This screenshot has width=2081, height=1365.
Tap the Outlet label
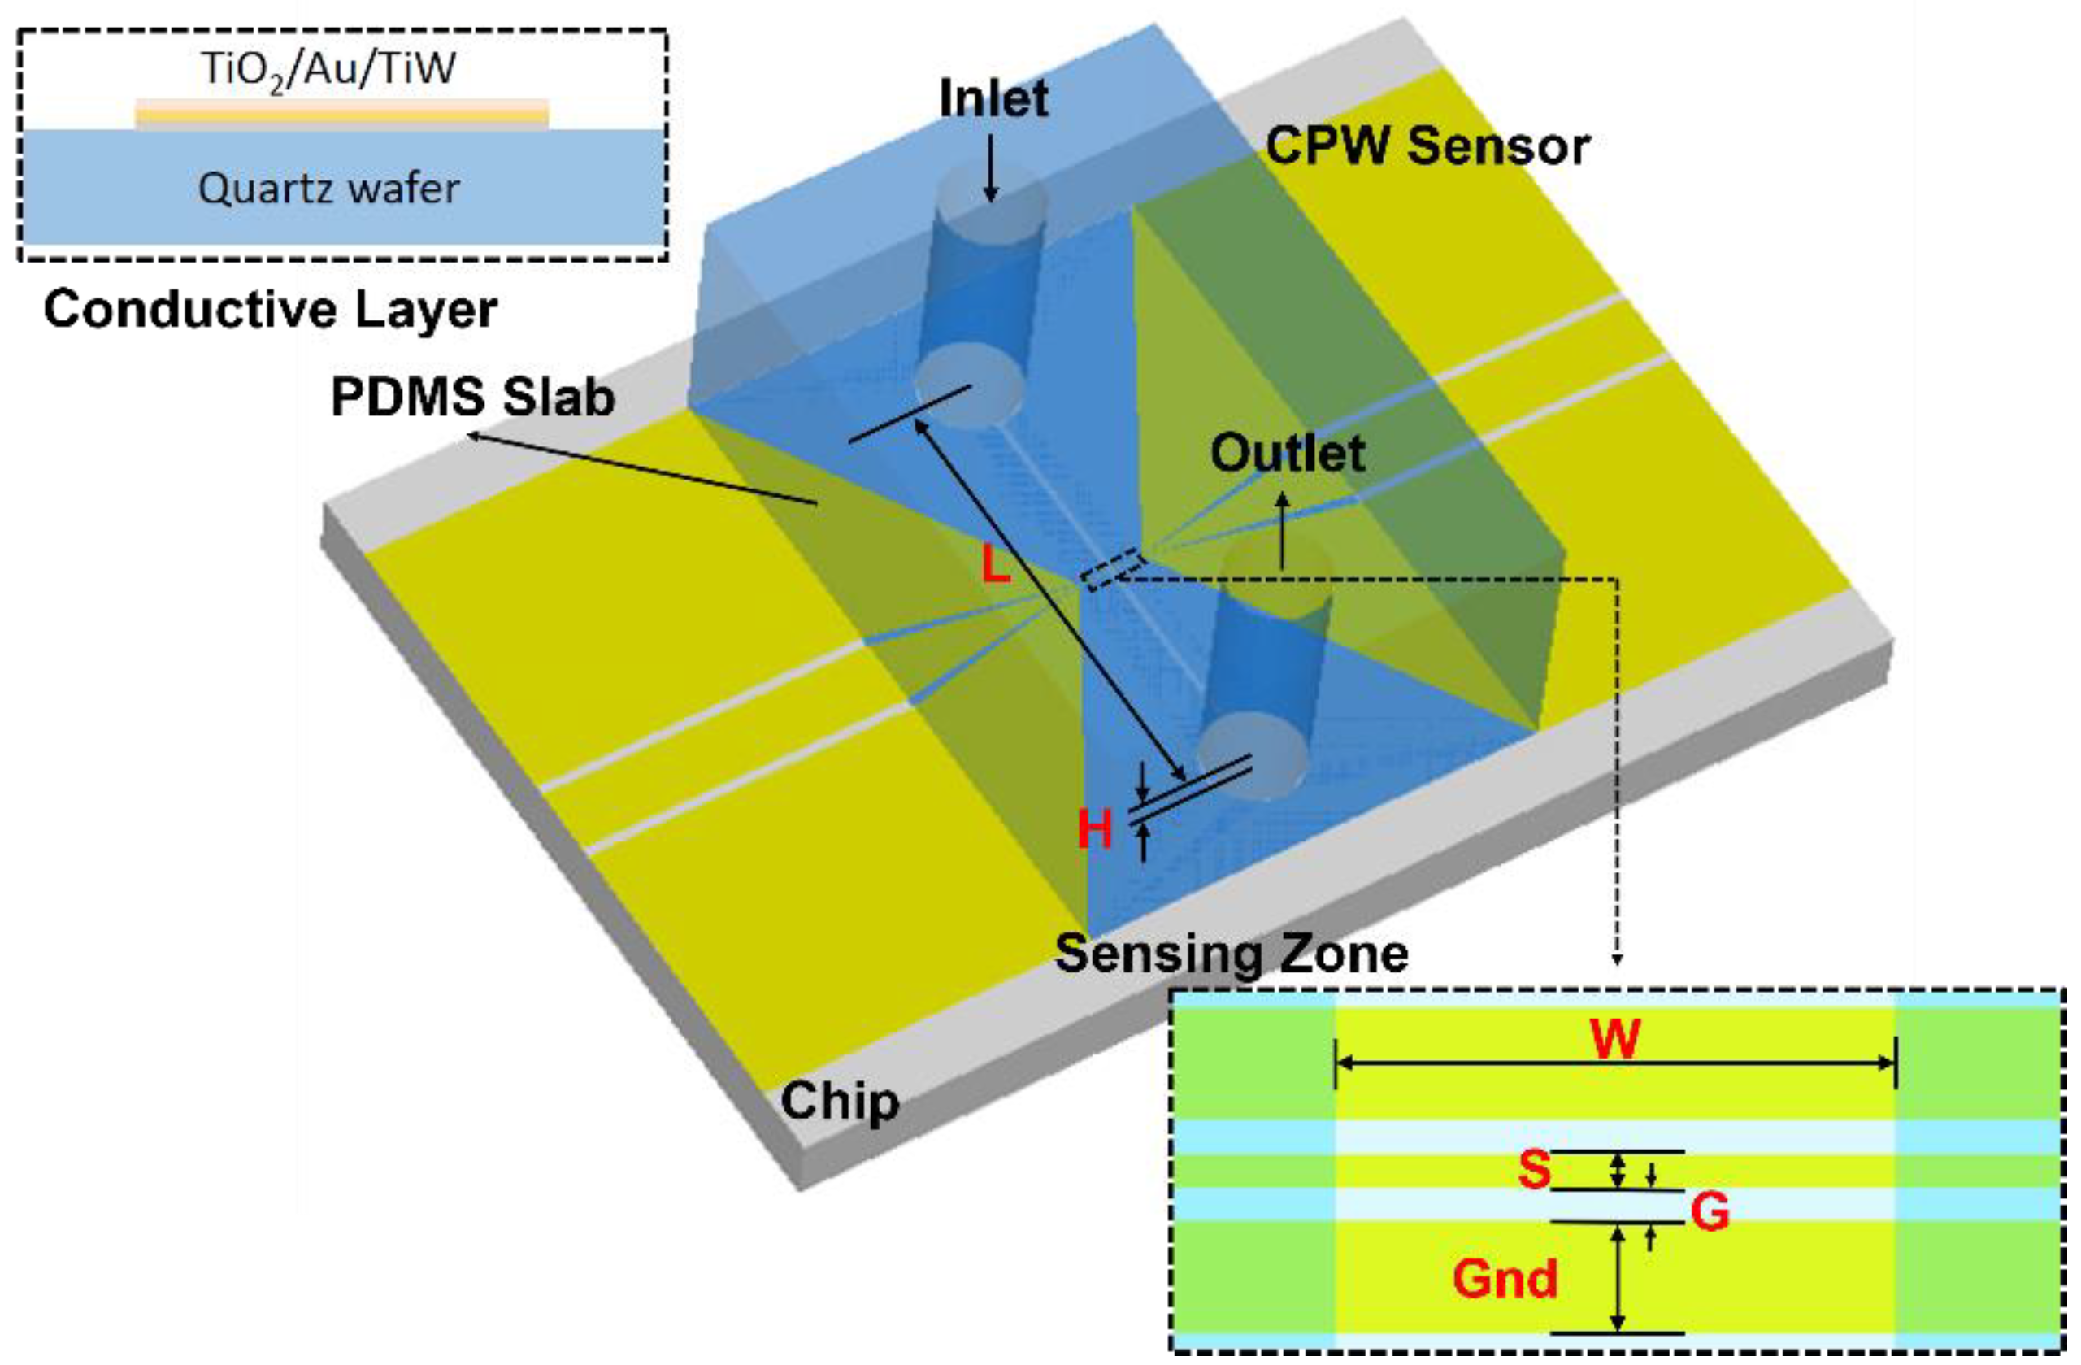[1287, 454]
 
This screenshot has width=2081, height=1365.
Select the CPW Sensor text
[1427, 146]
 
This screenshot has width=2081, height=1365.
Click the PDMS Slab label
[473, 398]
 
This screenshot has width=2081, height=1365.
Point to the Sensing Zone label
[1231, 954]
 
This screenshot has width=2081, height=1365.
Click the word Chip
[840, 1101]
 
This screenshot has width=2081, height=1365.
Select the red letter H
[1095, 829]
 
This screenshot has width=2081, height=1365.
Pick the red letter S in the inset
[1534, 1169]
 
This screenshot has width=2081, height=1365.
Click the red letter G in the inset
[1710, 1212]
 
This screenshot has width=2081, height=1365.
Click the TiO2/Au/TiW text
[328, 68]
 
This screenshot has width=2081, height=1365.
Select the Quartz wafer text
[328, 188]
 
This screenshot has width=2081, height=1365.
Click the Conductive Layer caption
[270, 310]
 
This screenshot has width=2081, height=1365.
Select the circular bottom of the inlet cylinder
[969, 384]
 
